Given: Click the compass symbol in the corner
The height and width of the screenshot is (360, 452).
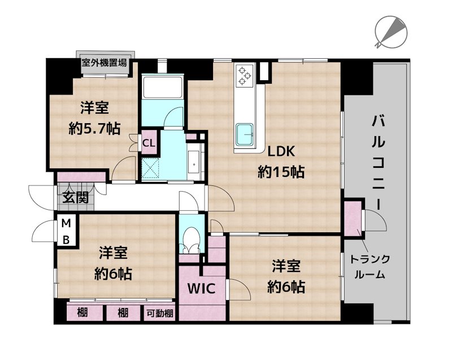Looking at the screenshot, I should [x=390, y=32].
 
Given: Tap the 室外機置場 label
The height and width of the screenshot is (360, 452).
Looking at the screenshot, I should [x=104, y=63].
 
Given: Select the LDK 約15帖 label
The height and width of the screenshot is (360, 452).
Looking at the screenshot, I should [x=281, y=162].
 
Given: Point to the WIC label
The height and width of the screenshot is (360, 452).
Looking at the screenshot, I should [x=202, y=289].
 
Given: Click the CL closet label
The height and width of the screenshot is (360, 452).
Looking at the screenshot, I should [x=149, y=142].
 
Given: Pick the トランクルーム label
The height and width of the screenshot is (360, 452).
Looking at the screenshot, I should [x=371, y=267].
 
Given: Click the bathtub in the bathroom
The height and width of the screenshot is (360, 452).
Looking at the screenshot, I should [x=162, y=88].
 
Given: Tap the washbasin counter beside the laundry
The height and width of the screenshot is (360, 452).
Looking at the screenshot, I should [x=194, y=164].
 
